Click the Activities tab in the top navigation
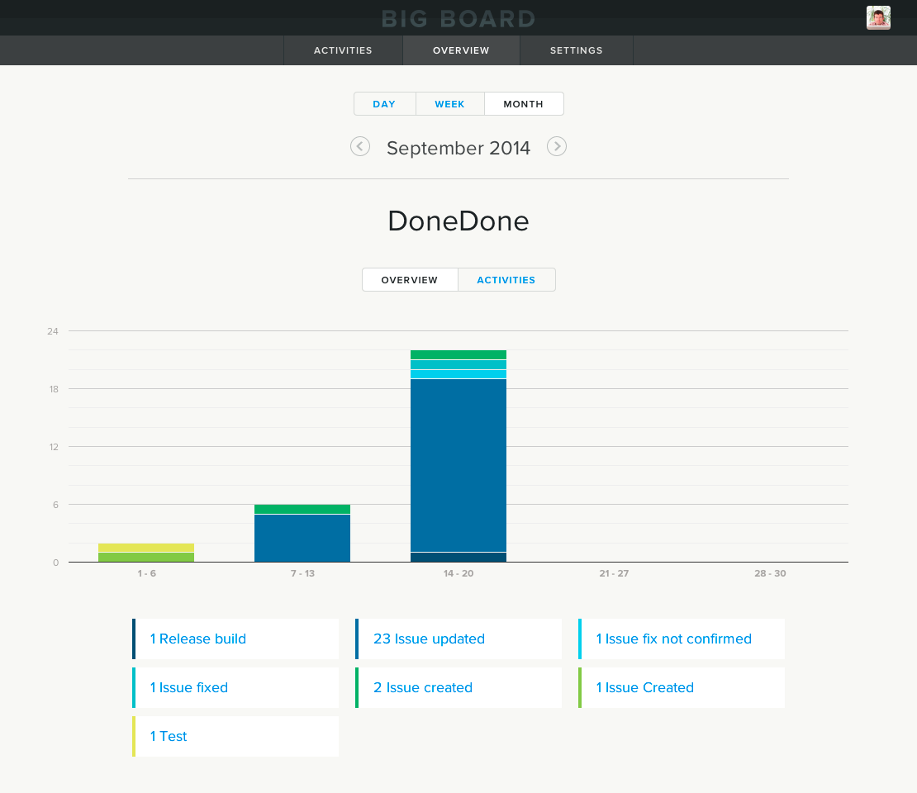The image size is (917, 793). coord(343,50)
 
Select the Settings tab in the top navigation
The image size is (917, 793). coord(576,50)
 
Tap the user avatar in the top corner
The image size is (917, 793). coord(877,17)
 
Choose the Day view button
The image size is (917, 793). coord(384,104)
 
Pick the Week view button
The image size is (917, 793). coord(449,104)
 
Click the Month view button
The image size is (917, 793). coord(523,104)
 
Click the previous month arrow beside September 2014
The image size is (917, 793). coord(360,146)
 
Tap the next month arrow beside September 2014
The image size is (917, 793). coord(557,146)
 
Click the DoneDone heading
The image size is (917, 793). coord(458,221)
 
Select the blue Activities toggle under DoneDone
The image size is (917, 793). coord(506,280)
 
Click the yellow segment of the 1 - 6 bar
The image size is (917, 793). coord(146,547)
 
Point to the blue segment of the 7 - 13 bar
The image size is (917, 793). coord(302,538)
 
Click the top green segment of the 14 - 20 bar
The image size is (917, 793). coord(458,354)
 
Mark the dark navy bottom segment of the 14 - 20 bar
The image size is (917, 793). coord(458,557)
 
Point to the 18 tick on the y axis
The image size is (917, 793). coord(53,389)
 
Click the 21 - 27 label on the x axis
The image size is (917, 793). coord(613,573)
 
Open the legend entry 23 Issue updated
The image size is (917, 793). coord(429,639)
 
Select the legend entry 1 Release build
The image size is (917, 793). coord(198,639)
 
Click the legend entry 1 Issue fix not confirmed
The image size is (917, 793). coord(674,639)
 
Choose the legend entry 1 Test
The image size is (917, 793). coord(169,736)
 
